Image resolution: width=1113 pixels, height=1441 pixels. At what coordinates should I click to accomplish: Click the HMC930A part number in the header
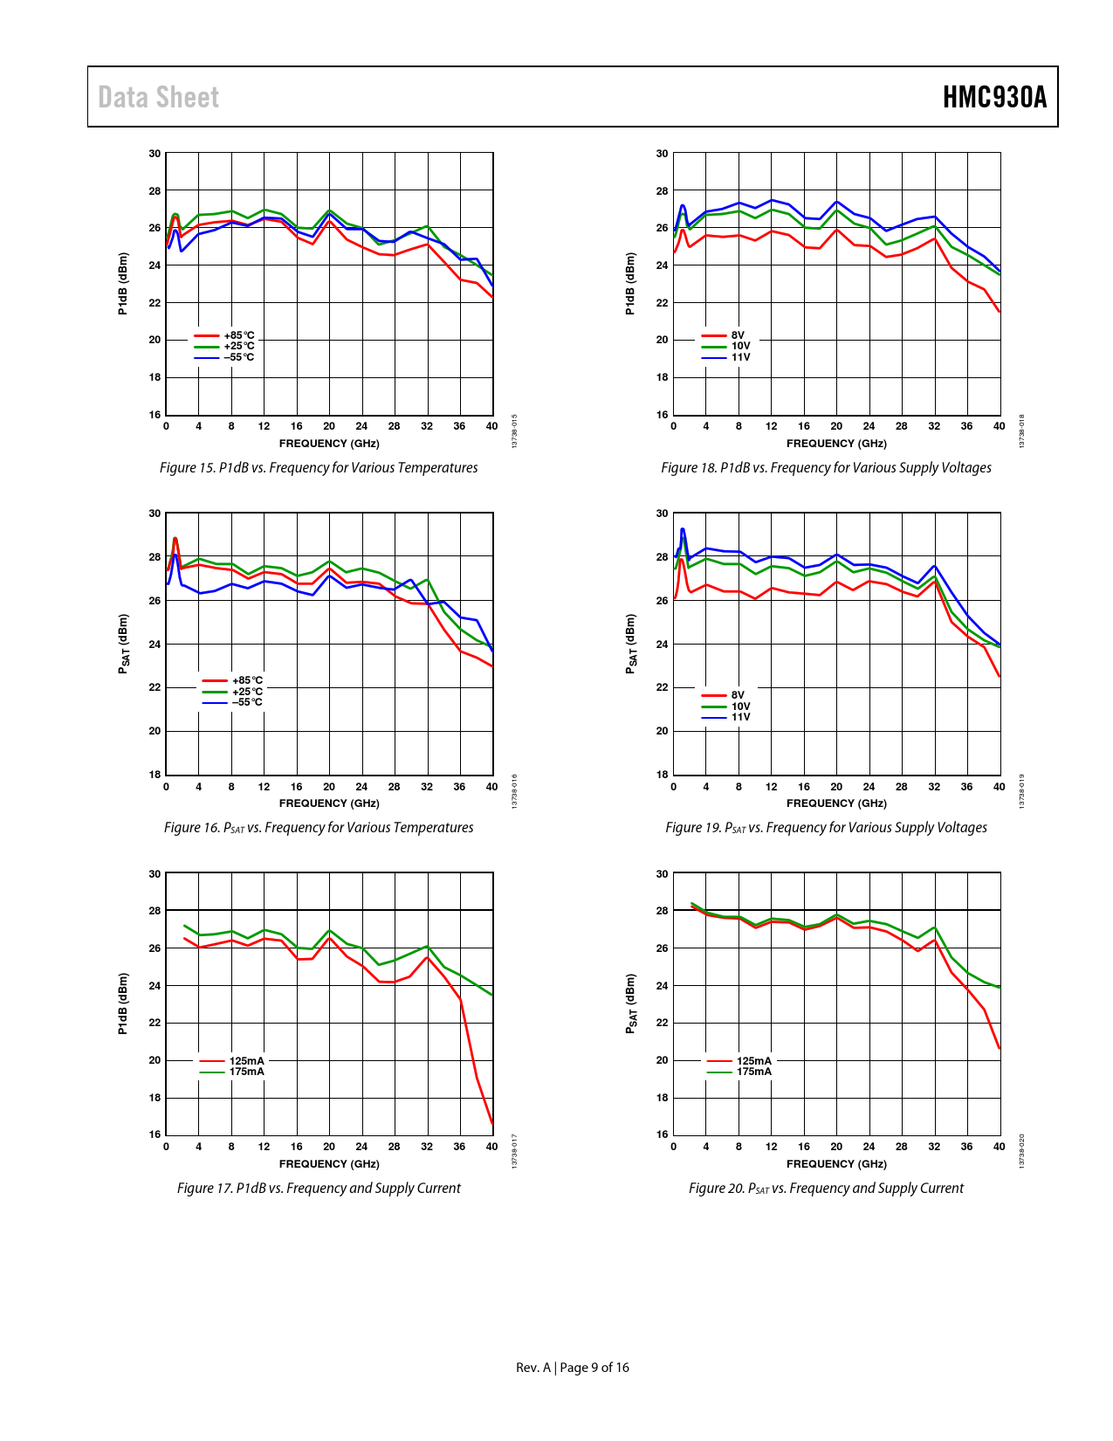tap(994, 97)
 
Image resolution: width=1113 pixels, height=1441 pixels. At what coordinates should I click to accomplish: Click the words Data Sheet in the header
tap(158, 97)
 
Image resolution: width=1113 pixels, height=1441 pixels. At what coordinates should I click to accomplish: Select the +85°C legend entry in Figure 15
tap(238, 335)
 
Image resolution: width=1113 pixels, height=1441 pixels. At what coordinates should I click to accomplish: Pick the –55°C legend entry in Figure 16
tap(246, 702)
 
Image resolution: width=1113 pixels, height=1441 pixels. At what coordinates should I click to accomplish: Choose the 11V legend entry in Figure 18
tap(740, 357)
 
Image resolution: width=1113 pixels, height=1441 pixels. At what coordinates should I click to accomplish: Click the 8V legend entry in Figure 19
tap(738, 695)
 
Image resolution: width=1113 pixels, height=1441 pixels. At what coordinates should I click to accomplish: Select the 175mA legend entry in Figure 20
tap(753, 1072)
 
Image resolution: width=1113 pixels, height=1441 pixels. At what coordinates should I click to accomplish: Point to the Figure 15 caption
tap(319, 468)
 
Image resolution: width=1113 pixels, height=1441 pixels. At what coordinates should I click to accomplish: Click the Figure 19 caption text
tap(826, 828)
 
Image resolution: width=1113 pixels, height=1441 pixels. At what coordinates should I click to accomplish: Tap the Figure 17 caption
tap(319, 1189)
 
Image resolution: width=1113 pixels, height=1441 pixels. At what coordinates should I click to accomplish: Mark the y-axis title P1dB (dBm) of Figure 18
tap(630, 283)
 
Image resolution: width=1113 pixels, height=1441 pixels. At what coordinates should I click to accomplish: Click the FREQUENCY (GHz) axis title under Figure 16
tap(329, 803)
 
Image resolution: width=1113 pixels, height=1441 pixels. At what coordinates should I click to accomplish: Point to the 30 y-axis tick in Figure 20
tap(663, 873)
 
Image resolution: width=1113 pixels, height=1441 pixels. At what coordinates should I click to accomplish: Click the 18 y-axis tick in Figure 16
tap(155, 775)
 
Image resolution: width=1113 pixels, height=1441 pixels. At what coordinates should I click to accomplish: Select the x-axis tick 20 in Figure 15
tap(329, 426)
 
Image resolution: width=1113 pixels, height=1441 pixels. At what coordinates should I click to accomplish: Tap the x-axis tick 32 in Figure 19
tap(934, 787)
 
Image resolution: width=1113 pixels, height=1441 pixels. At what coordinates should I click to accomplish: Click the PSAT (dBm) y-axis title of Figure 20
tap(630, 1004)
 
